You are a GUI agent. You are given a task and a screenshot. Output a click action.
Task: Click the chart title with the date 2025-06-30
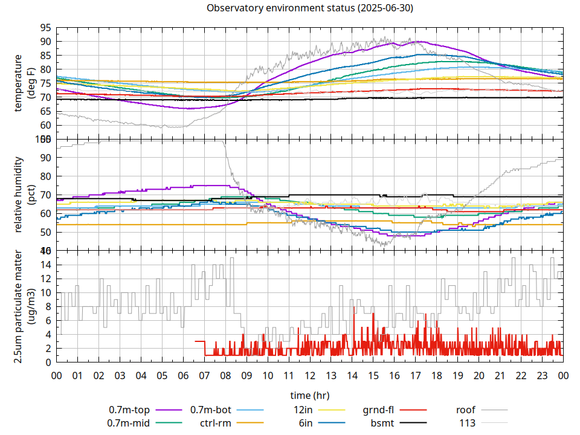coord(310,8)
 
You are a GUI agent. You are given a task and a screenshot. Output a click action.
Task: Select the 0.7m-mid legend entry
coord(129,423)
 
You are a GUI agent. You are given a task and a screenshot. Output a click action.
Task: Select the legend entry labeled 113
coord(468,423)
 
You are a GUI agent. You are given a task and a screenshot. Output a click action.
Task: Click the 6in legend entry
coord(306,423)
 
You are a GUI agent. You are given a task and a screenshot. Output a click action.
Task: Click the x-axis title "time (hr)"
coord(310,396)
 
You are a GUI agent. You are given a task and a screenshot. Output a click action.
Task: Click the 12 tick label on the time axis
coord(310,375)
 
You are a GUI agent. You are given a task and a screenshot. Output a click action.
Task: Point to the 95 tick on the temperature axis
coord(45,28)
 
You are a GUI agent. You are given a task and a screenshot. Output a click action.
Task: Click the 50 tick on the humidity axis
coord(45,232)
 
